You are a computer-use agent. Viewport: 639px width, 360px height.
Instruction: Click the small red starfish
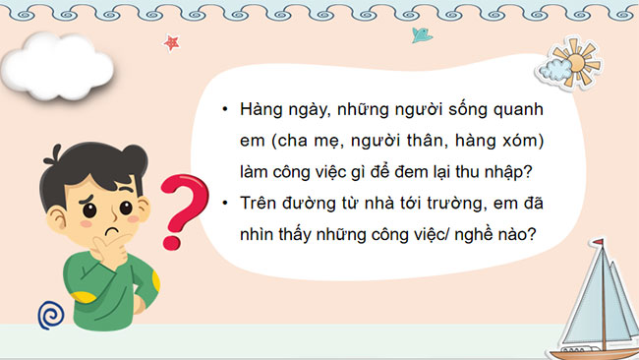172,43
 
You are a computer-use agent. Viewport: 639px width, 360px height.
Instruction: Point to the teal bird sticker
422,36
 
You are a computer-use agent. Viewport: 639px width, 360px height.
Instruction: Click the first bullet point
226,111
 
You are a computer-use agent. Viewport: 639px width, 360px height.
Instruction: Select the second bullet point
226,204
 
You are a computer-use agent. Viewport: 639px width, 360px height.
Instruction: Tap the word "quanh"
517,111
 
